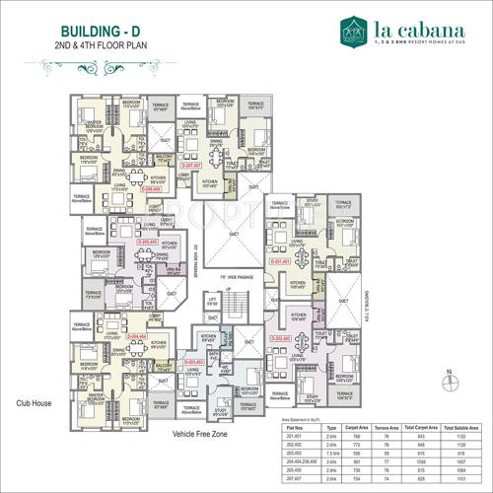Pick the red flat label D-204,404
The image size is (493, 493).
click(137, 335)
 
